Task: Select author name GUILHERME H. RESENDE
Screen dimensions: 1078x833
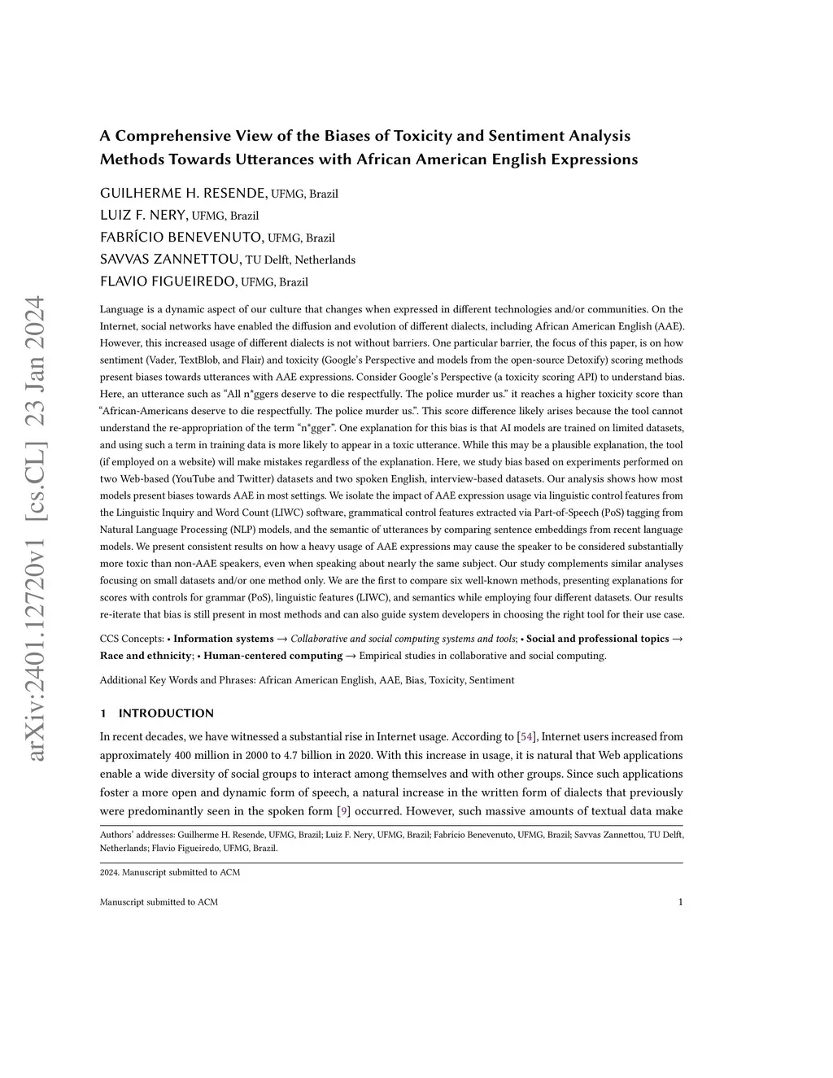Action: pos(183,194)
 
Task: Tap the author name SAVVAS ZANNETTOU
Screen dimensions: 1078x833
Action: pos(170,260)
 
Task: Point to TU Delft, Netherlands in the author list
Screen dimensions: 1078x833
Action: pos(300,260)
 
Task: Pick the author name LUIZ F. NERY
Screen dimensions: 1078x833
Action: pos(143,216)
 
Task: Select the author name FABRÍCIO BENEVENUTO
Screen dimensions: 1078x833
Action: pos(181,238)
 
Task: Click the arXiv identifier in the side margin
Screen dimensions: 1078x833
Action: pos(36,529)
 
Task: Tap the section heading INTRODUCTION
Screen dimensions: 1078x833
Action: pos(166,714)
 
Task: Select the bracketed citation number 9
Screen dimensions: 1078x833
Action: pos(343,811)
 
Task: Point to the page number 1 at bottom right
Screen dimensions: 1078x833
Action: pos(680,901)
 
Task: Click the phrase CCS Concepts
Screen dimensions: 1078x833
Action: pos(133,639)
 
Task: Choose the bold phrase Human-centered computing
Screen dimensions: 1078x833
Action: pos(273,656)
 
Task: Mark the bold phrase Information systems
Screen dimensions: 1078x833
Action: pos(223,639)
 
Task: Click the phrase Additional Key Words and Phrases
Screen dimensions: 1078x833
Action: pos(177,680)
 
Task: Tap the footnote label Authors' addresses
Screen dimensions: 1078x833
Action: pos(135,835)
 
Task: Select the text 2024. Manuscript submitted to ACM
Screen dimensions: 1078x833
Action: pos(169,872)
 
